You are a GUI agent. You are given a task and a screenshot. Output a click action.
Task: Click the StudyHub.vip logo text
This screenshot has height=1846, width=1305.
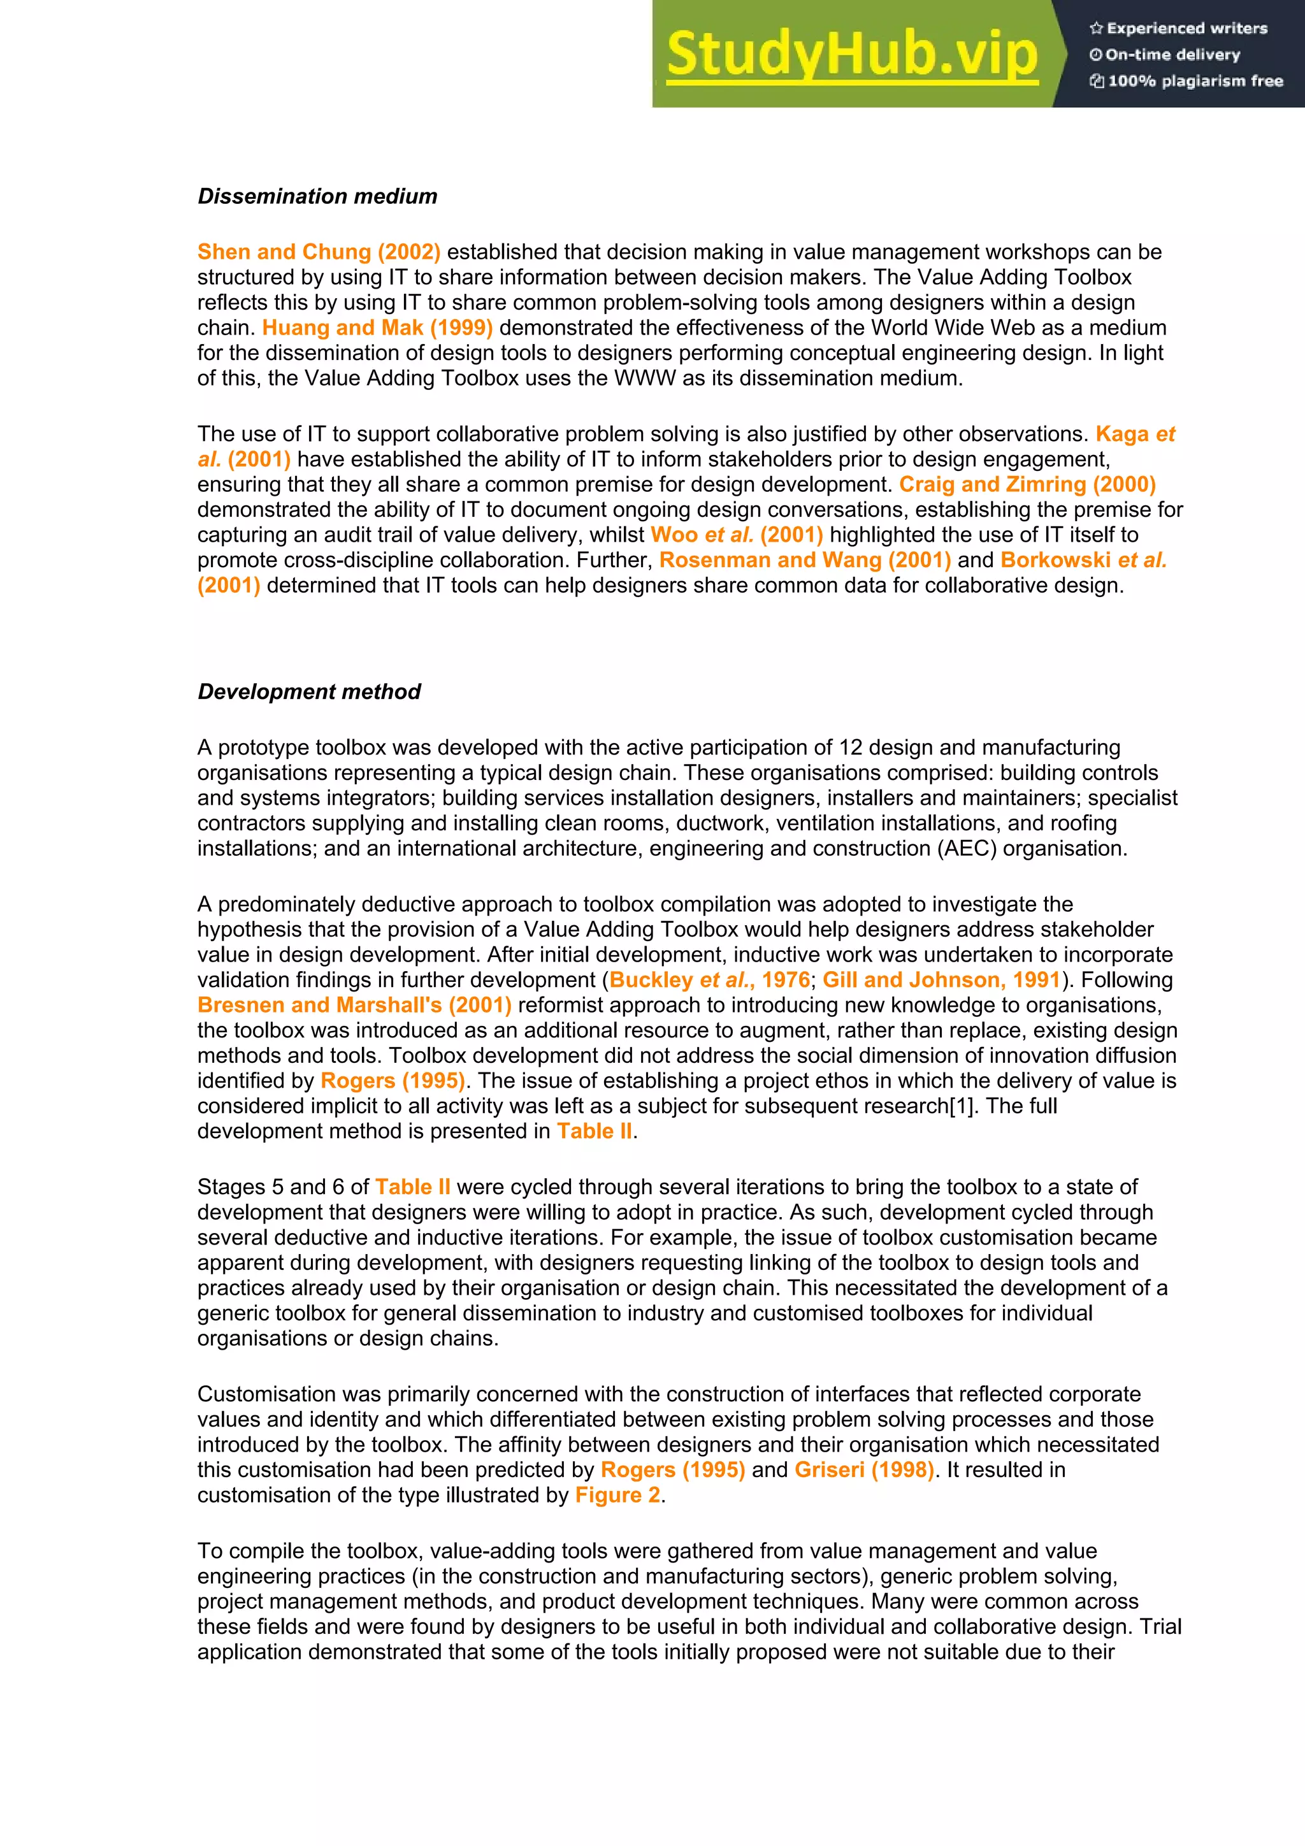(851, 54)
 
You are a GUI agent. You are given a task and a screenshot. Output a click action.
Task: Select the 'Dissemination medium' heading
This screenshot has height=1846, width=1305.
(317, 196)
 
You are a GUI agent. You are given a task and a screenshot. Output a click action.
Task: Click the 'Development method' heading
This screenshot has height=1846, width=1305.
(309, 691)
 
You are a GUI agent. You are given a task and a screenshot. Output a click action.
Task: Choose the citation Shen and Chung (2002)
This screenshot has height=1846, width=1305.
(319, 252)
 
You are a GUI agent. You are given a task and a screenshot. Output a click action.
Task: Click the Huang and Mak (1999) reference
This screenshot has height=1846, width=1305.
(377, 328)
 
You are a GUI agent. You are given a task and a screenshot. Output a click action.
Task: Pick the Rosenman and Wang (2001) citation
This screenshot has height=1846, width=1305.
(805, 559)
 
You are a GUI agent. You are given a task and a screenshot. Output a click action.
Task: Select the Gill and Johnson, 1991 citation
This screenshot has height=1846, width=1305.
(942, 979)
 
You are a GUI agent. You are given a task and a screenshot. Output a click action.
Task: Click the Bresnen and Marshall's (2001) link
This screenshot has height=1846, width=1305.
(354, 1005)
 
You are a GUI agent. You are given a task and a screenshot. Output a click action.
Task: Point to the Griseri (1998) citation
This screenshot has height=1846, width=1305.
(865, 1469)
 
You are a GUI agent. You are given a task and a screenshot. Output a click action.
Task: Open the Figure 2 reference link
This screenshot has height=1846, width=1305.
(617, 1495)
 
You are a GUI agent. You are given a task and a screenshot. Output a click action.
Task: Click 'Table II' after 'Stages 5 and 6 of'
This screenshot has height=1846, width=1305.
(412, 1186)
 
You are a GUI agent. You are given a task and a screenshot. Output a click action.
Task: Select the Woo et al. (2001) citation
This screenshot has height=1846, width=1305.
(737, 535)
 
